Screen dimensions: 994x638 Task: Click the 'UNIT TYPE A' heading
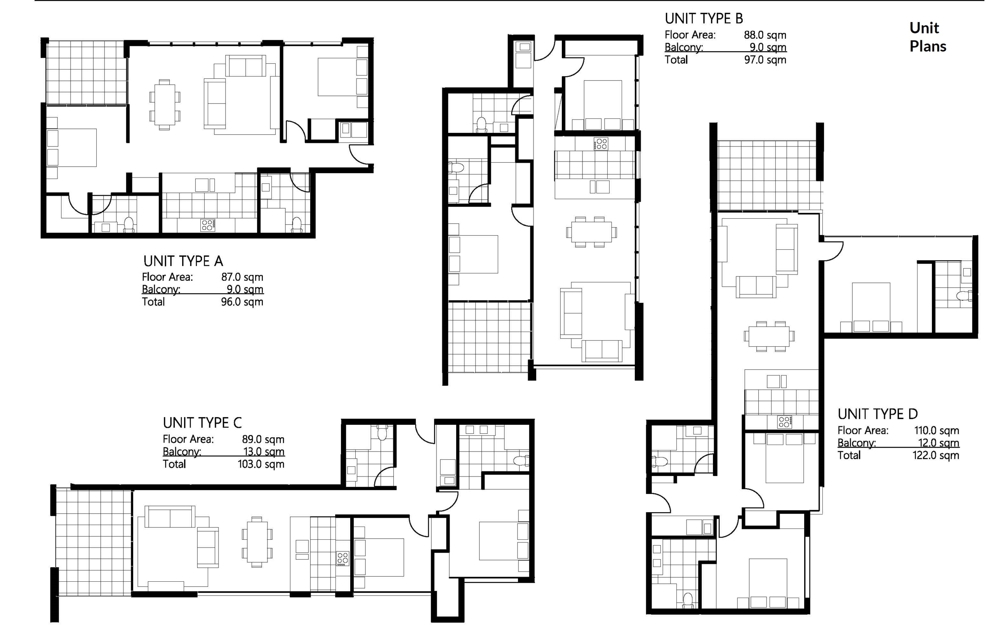[x=183, y=261]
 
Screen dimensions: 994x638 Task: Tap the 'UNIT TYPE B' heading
[x=704, y=19]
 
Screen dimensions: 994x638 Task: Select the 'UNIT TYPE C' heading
[x=202, y=422]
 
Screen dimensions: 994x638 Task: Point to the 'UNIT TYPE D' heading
[x=878, y=414]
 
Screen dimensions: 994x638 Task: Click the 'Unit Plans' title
[x=928, y=37]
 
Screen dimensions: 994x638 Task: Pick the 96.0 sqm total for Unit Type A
[x=242, y=302]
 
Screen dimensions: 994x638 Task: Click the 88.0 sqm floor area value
[x=765, y=35]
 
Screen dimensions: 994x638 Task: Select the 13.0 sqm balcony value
[x=263, y=451]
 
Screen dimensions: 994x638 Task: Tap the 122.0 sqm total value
[x=936, y=455]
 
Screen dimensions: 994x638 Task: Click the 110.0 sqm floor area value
[x=937, y=430]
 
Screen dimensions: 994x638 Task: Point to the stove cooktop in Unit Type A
[x=207, y=225]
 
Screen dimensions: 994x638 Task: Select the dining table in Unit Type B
[x=591, y=231]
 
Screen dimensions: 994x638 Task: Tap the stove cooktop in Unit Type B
[x=601, y=144]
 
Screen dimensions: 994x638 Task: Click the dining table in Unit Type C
[x=257, y=541]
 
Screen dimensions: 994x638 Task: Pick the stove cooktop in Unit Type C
[x=342, y=558]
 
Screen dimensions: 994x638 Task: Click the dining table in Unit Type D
[x=769, y=336]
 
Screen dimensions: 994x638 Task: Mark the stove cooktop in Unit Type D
[x=784, y=422]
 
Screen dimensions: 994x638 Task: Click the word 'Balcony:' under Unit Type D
[x=857, y=443]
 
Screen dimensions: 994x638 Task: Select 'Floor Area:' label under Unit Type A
[x=167, y=277]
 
